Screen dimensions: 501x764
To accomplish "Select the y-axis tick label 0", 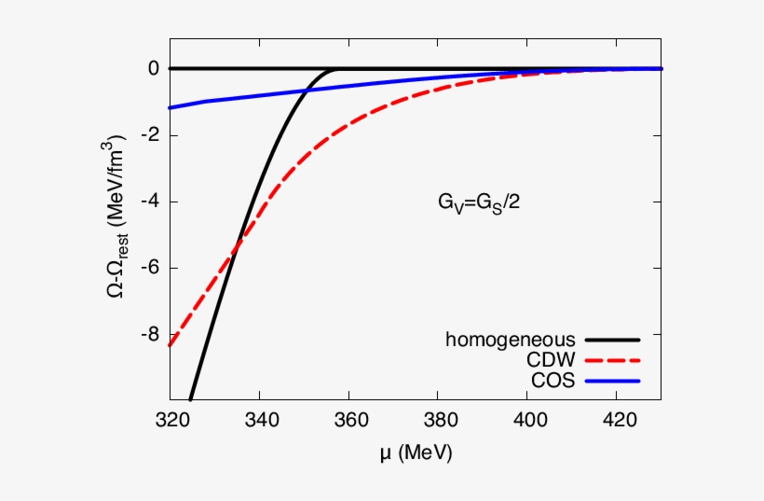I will [153, 69].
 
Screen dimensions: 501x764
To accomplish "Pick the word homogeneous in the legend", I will [510, 339].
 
